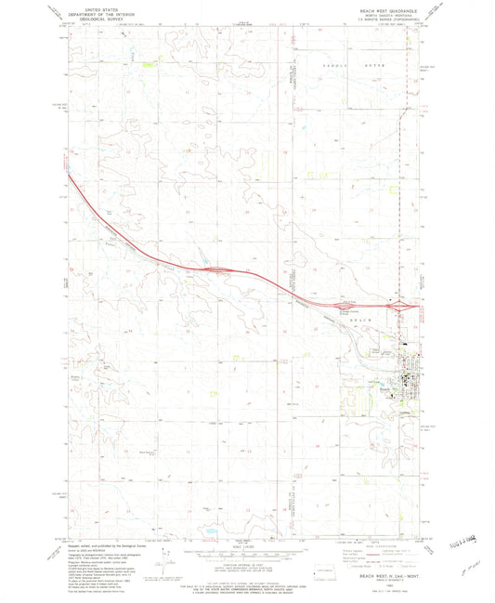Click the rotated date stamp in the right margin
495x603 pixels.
[x=462, y=537]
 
